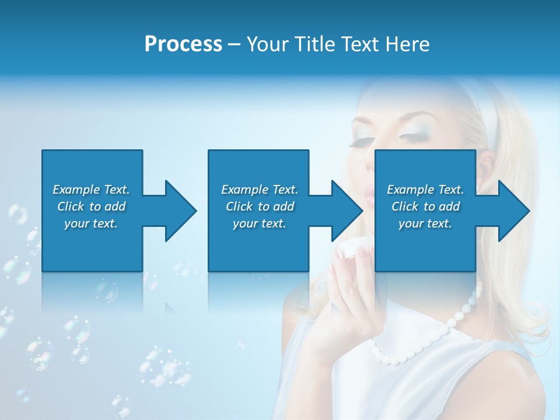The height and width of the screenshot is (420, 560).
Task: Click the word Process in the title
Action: point(183,44)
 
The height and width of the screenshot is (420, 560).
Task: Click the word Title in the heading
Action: point(316,44)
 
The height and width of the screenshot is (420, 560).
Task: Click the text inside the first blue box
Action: point(91,206)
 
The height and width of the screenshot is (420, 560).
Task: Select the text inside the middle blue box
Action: point(259,206)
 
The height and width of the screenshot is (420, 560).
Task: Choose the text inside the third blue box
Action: point(425,206)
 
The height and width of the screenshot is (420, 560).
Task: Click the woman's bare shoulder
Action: point(525,391)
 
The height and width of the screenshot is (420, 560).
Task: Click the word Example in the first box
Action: point(76,190)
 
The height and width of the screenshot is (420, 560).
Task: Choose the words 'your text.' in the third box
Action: point(425,223)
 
